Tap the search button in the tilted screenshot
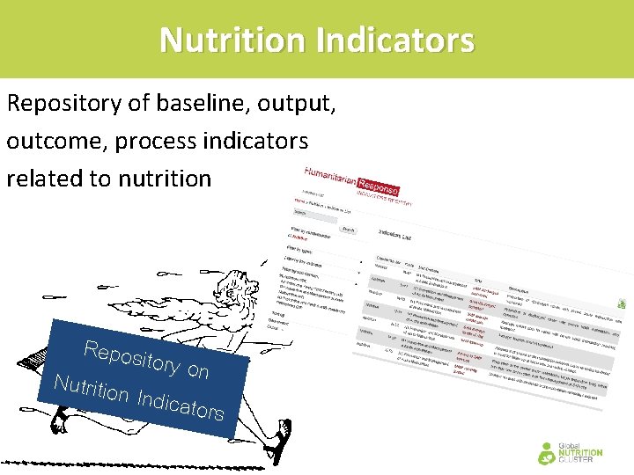coord(348,230)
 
